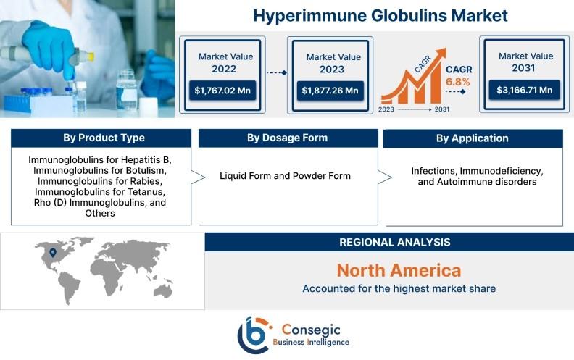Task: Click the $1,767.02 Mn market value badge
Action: click(222, 91)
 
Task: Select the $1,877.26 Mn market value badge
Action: click(330, 91)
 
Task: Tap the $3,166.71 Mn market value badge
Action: click(525, 90)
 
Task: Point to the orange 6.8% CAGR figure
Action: click(457, 82)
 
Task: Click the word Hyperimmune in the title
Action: click(309, 16)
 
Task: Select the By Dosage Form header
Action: click(288, 138)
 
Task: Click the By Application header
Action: click(473, 138)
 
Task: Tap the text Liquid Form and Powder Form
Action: click(285, 176)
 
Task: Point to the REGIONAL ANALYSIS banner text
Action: click(394, 242)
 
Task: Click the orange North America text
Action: click(399, 270)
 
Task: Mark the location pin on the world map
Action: click(53, 253)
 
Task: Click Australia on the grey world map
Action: click(163, 291)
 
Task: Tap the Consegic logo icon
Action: click(254, 335)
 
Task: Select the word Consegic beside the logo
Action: click(311, 330)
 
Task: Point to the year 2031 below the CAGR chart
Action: click(442, 109)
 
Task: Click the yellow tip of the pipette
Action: click(90, 56)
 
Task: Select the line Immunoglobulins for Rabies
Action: click(100, 181)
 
